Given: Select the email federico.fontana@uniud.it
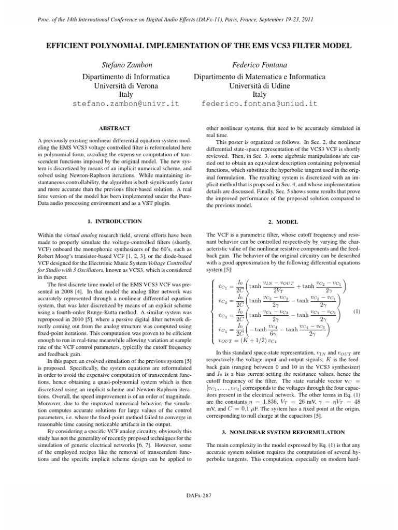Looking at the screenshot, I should point(259,104).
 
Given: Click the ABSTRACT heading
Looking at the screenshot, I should point(115,128).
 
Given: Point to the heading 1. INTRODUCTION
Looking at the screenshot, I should point(115,222).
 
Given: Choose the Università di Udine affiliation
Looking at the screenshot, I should point(259,86).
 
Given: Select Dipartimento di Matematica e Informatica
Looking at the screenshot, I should point(259,77).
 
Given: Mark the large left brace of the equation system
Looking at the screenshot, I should point(209,312).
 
